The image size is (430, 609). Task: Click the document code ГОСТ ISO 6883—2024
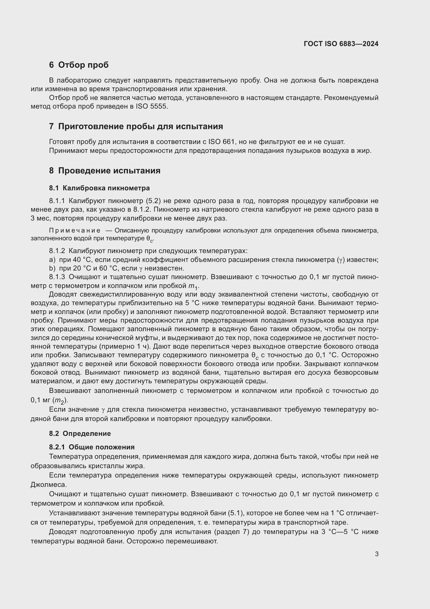(341, 44)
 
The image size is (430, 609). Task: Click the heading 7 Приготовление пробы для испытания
(136, 127)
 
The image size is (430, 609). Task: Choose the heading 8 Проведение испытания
(105, 171)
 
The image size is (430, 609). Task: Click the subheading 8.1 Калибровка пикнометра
(99, 188)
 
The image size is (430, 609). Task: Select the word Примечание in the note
(74, 230)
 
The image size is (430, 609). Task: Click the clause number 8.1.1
(57, 201)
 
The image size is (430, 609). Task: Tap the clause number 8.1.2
(57, 251)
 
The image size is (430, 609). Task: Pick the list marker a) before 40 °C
(52, 260)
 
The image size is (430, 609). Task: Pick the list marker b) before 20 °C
(52, 268)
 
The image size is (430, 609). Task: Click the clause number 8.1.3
(57, 277)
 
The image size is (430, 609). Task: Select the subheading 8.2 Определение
(80, 434)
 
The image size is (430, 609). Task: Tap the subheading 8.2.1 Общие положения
(92, 447)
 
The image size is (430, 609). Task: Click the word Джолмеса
(48, 485)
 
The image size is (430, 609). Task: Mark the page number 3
(376, 554)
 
